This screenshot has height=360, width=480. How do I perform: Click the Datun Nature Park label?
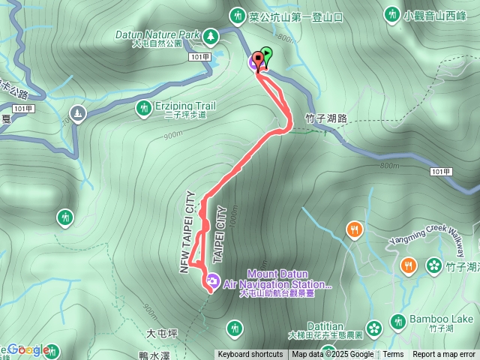tap(157, 34)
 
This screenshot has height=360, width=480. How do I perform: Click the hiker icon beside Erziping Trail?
tap(143, 109)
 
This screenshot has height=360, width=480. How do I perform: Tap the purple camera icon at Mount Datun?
tap(212, 281)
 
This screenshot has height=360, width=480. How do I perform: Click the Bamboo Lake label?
tap(442, 319)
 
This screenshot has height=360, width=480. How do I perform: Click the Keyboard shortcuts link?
tap(250, 355)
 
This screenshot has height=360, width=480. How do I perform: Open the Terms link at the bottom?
tap(393, 355)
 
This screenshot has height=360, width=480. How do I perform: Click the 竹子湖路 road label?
tap(326, 118)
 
